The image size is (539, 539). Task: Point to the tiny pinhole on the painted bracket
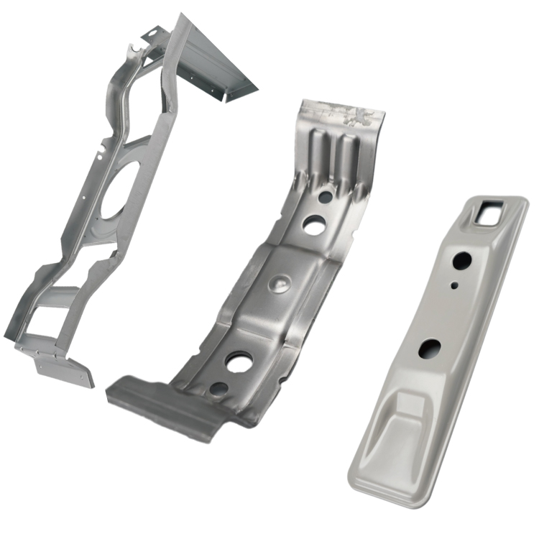click(454, 285)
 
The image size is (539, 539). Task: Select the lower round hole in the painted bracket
click(430, 349)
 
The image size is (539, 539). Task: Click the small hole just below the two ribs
click(325, 196)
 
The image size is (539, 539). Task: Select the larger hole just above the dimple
click(313, 226)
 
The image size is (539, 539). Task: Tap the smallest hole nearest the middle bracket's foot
click(218, 389)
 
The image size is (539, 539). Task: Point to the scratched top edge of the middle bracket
click(344, 111)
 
